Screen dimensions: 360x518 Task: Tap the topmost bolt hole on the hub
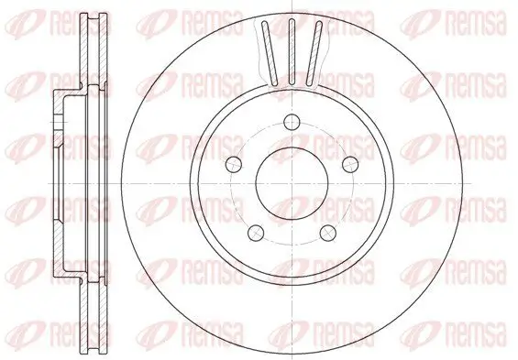(292, 122)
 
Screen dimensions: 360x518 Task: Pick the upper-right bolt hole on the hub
(347, 163)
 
